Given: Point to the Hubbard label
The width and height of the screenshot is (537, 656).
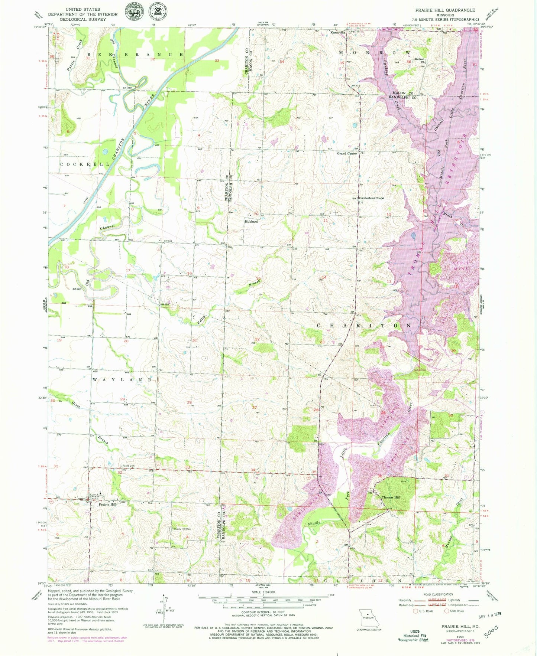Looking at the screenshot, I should pos(251,221).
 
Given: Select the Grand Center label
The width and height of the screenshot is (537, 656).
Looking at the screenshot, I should pos(347,153).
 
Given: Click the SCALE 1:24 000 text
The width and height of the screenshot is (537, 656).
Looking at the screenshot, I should pos(263,592).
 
